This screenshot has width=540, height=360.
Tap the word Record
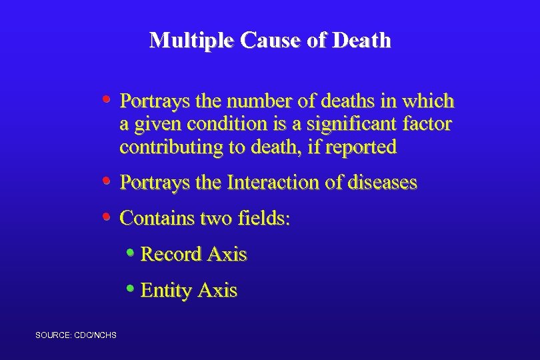(171, 254)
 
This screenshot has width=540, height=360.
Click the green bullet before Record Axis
(130, 253)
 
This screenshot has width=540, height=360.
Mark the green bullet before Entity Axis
(130, 289)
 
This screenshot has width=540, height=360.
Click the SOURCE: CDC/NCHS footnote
(76, 334)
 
